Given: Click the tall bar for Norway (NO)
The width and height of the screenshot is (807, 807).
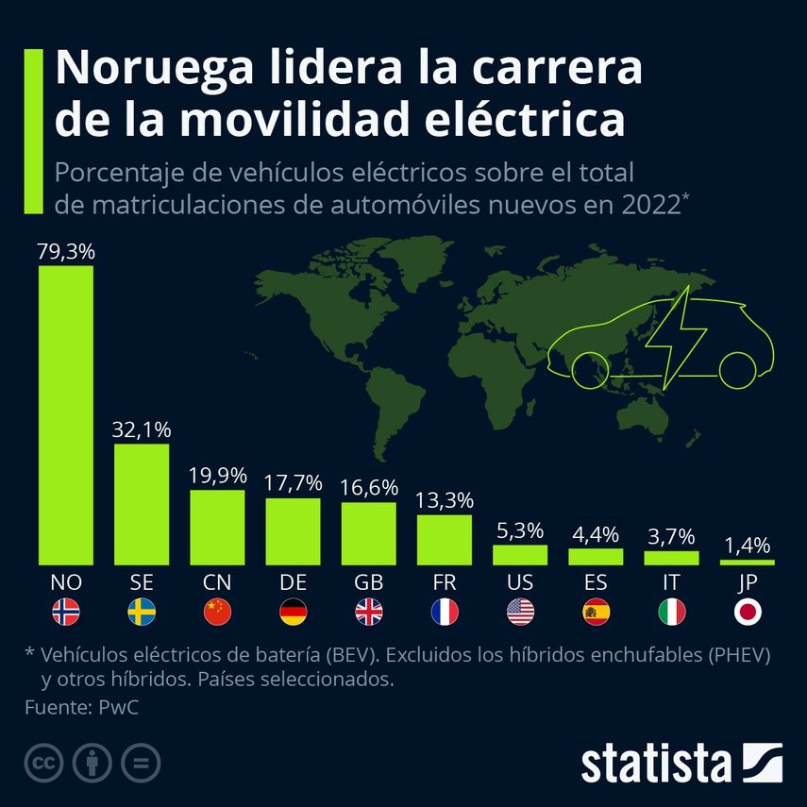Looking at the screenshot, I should click(x=66, y=415).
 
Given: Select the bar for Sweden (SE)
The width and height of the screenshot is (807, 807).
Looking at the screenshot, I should click(x=142, y=504).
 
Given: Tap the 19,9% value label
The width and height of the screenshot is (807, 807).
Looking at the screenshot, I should click(x=217, y=475).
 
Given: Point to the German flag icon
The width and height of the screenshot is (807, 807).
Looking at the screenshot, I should click(x=293, y=613).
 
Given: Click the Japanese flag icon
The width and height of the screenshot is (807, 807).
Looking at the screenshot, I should click(x=748, y=613).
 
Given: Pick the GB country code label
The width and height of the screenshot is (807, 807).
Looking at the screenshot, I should click(x=368, y=582).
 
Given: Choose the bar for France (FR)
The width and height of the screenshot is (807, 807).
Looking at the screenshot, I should click(x=445, y=539).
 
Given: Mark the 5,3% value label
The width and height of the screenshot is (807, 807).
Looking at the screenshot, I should click(x=520, y=530).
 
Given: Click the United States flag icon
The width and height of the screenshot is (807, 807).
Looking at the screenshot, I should click(x=520, y=613).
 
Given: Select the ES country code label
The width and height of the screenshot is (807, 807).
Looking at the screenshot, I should click(x=596, y=582).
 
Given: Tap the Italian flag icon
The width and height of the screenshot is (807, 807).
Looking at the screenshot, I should click(x=672, y=613).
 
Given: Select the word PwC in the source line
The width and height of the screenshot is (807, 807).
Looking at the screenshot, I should click(x=119, y=707).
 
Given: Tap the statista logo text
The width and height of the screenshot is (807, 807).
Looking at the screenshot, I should click(x=656, y=763).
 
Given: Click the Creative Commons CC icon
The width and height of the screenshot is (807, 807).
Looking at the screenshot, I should click(x=43, y=763).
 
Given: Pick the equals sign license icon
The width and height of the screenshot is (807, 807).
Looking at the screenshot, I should click(x=142, y=763).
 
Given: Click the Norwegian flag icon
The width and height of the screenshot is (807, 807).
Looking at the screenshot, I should click(x=66, y=613).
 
